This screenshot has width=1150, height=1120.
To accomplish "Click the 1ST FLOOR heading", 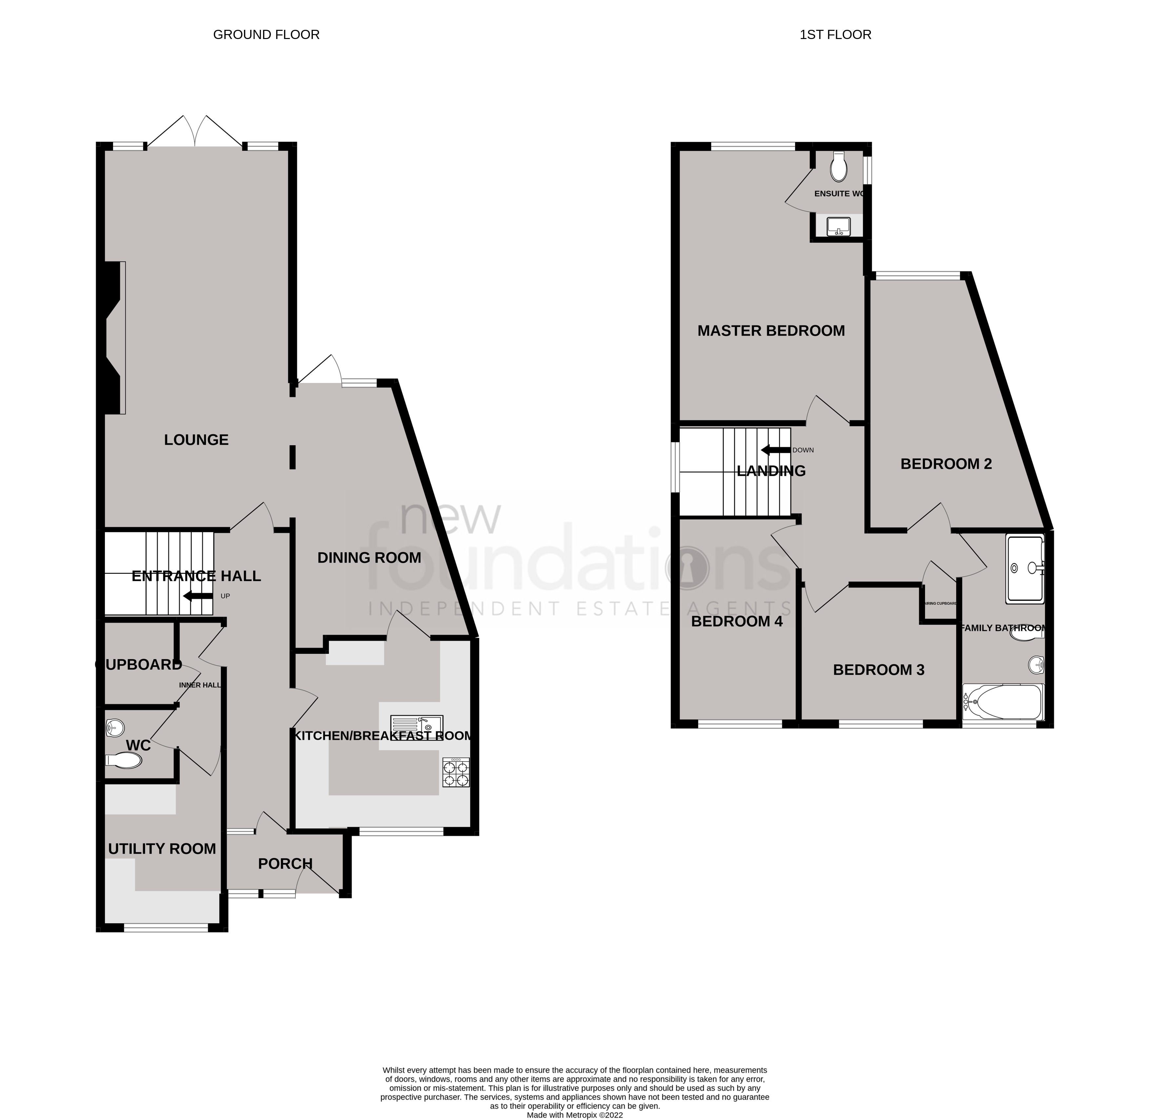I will (x=835, y=35).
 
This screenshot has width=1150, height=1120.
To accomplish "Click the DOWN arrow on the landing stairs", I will (x=775, y=450).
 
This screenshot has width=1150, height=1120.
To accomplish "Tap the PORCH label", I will (x=285, y=864).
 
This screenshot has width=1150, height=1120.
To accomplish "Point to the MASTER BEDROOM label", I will (x=771, y=330).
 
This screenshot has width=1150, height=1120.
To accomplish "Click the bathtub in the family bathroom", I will (x=1003, y=702).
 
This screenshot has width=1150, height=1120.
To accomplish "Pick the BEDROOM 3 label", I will (x=879, y=670).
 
